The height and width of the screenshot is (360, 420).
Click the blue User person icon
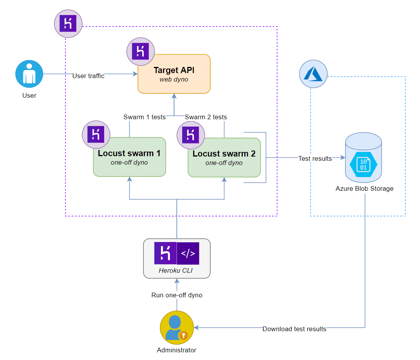(x=29, y=74)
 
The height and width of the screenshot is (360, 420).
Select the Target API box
(x=174, y=74)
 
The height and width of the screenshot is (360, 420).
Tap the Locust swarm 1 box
(x=129, y=157)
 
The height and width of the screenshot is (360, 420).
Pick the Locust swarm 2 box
(x=224, y=157)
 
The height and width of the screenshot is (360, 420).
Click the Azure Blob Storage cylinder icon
(x=363, y=158)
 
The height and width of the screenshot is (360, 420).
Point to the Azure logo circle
(x=313, y=74)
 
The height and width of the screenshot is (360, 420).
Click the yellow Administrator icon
(x=176, y=328)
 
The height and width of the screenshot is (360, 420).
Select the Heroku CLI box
(x=177, y=258)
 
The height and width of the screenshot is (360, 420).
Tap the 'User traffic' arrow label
(x=88, y=76)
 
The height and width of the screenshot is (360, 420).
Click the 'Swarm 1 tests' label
(x=144, y=117)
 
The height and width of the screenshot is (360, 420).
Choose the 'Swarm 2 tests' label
(x=206, y=117)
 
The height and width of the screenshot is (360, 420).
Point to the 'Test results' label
(x=315, y=158)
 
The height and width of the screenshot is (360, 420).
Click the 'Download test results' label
(x=294, y=329)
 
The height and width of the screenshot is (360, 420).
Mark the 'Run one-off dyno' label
(x=177, y=295)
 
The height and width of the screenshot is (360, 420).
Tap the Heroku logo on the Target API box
(x=140, y=51)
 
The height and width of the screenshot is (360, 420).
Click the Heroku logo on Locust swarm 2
(x=190, y=135)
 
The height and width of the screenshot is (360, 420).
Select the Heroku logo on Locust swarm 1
(x=96, y=135)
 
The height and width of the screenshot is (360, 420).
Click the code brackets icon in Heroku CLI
(x=188, y=253)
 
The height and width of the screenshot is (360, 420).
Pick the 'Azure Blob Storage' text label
(x=364, y=189)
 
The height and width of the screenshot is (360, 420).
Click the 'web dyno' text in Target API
(x=174, y=80)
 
